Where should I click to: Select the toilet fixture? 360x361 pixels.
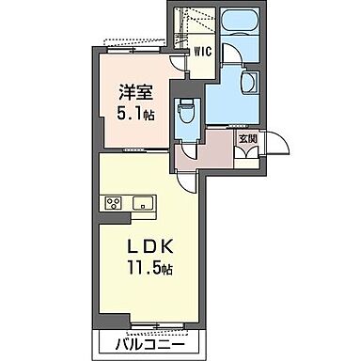coord(188,111)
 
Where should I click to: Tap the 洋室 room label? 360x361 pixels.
coord(135,93)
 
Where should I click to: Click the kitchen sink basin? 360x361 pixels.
coord(146,202)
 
